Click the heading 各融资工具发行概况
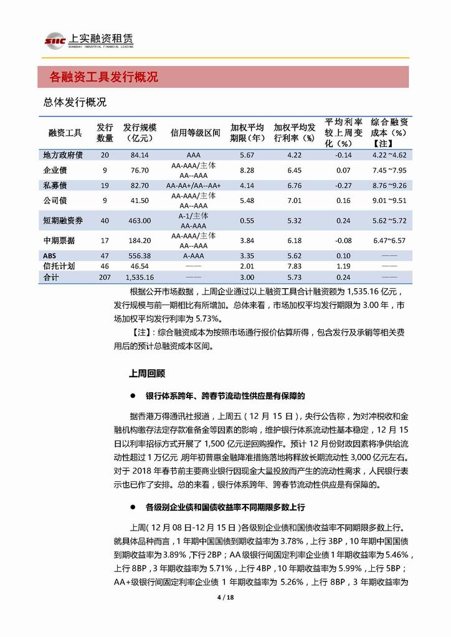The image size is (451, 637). coord(103,77)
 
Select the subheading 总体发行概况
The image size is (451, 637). coord(75,102)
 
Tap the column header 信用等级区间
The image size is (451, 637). coord(195,133)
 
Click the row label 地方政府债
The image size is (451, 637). coord(63,155)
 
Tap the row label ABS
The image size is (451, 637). coord(49,255)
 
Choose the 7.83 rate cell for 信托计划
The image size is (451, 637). coord(295,266)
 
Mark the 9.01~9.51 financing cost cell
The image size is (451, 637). coord(389,201)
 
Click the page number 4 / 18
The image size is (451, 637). coord(224,598)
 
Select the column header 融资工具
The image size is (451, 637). coord(65,133)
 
